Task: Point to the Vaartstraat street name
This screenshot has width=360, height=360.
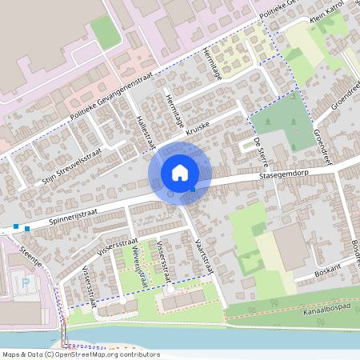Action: [201, 254]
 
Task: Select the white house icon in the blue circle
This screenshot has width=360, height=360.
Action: [179, 172]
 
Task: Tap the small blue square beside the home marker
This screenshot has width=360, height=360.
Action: [193, 190]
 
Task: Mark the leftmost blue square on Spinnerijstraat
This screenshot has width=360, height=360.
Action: [16, 226]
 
